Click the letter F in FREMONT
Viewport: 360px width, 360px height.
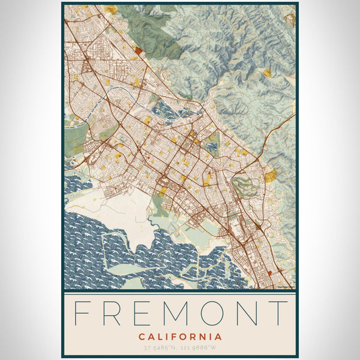(x=83, y=313)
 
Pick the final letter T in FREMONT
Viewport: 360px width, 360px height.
(x=278, y=313)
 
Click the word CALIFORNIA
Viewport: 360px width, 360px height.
(x=179, y=337)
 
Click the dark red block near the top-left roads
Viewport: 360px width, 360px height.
(x=140, y=51)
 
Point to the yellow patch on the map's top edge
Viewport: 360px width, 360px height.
(x=110, y=10)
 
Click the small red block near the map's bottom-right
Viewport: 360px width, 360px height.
(x=269, y=273)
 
